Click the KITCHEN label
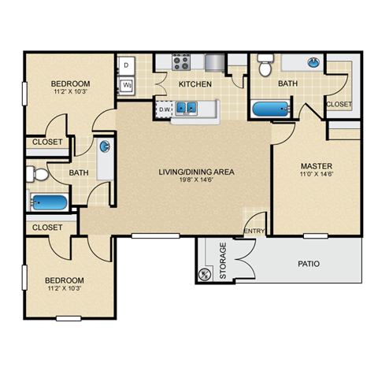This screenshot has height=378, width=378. tap(195, 83)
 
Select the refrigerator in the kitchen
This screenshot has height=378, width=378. tap(215, 62)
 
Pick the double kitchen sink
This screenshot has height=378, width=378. tap(187, 109)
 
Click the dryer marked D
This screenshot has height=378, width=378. tap(126, 65)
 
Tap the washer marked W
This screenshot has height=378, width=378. tap(126, 84)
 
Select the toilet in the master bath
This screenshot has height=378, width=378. tap(265, 65)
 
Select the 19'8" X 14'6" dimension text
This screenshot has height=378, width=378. tap(186, 180)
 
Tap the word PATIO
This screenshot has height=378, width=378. tap(309, 263)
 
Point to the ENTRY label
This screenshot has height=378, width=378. tap(254, 230)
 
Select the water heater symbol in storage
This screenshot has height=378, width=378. tap(206, 274)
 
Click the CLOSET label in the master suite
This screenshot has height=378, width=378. tap(339, 103)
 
